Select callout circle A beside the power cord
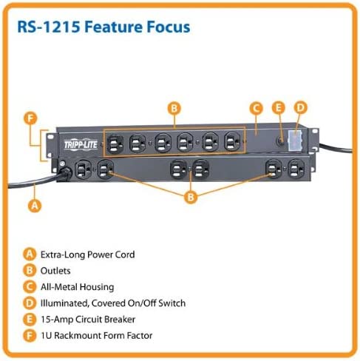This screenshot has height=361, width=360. [33, 206]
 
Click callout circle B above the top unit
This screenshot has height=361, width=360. [174, 108]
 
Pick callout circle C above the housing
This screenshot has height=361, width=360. [255, 109]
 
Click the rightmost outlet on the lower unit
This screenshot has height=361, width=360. [293, 169]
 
